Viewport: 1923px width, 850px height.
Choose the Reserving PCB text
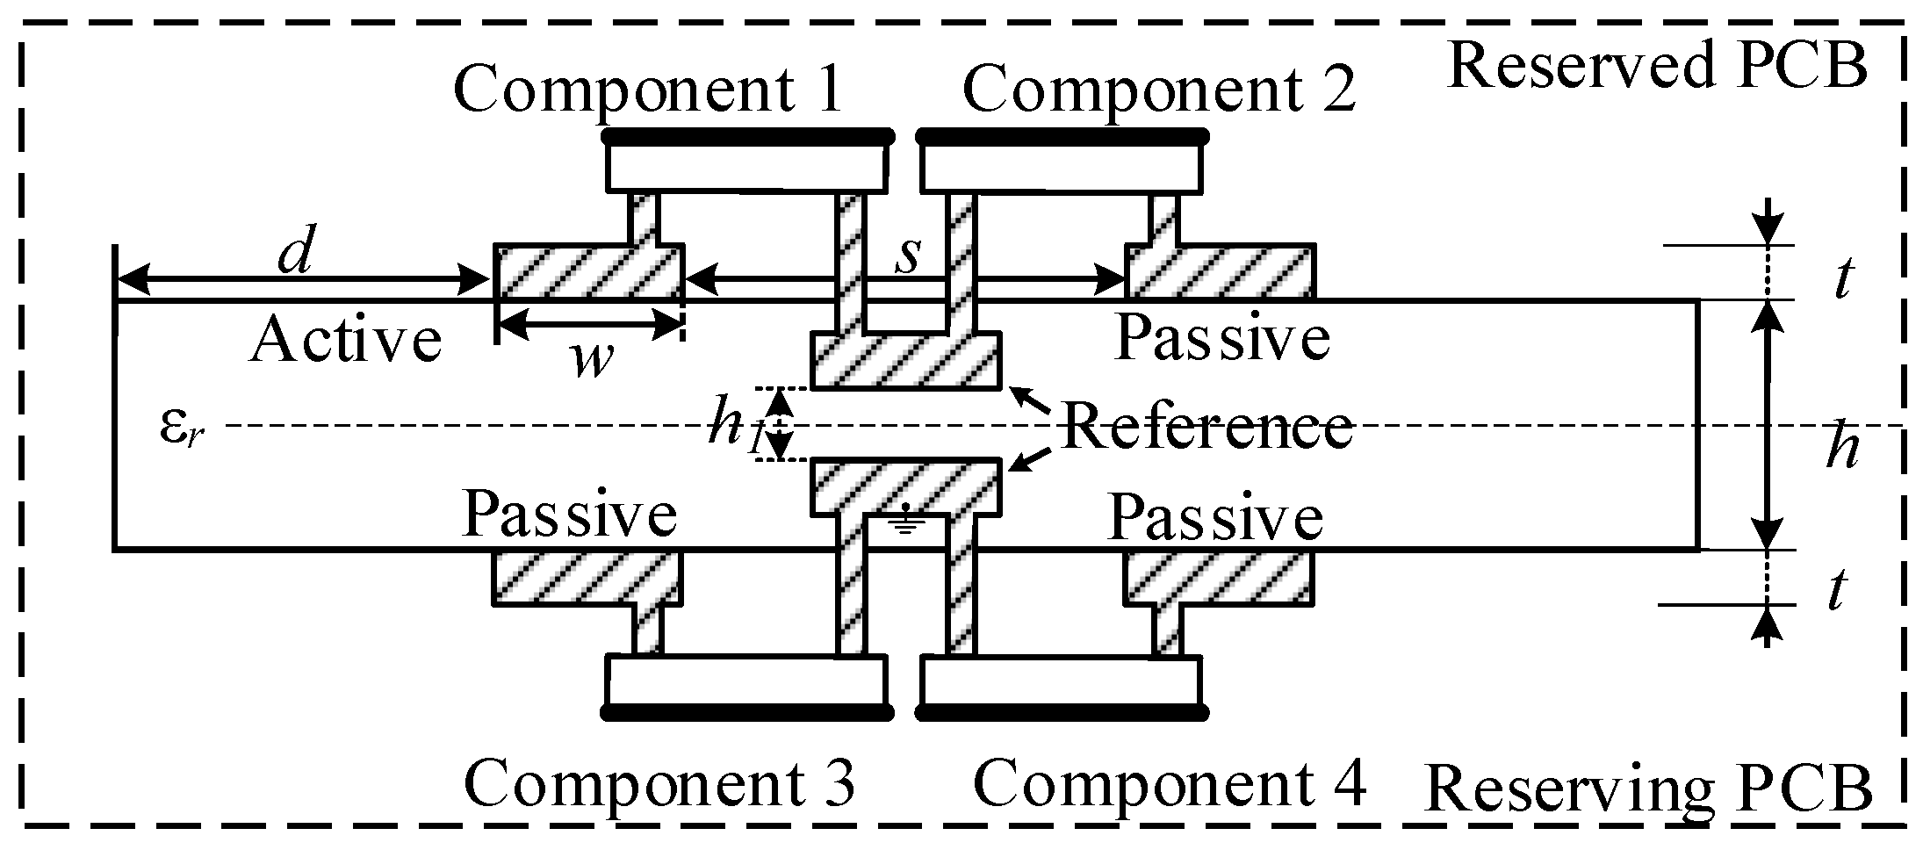(x=1647, y=788)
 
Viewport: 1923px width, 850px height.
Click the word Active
(x=346, y=341)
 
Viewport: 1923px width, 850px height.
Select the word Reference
(x=1207, y=427)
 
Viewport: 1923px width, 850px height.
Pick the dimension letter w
(x=590, y=358)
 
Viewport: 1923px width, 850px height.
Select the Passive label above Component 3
(x=570, y=513)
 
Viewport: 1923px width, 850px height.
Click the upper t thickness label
(x=1842, y=279)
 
